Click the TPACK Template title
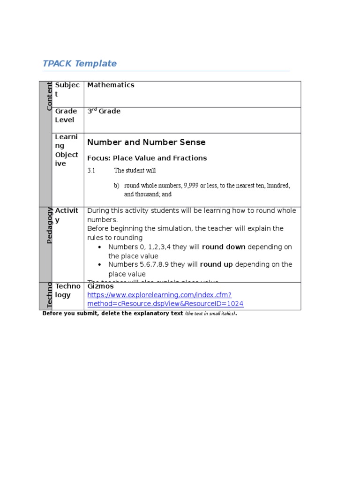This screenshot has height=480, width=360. pyautogui.click(x=80, y=64)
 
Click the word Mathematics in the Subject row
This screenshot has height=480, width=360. pyautogui.click(x=111, y=85)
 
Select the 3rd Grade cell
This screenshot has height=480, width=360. pyautogui.click(x=104, y=111)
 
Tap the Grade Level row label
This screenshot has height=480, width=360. pyautogui.click(x=66, y=115)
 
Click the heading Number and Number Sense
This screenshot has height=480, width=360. pyautogui.click(x=146, y=142)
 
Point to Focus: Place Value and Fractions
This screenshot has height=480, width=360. pyautogui.click(x=147, y=158)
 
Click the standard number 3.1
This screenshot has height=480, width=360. pyautogui.click(x=91, y=171)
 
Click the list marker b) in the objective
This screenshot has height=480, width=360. pyautogui.click(x=117, y=186)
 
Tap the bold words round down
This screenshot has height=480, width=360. pyautogui.click(x=224, y=247)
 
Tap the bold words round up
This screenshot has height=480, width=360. pyautogui.click(x=216, y=264)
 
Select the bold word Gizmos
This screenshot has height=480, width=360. pyautogui.click(x=100, y=286)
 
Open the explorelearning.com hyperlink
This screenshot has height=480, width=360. pyautogui.click(x=165, y=300)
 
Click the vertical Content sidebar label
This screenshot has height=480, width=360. pyautogui.click(x=49, y=96)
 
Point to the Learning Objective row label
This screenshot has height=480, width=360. pyautogui.click(x=67, y=150)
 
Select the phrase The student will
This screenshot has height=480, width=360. pyautogui.click(x=135, y=171)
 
